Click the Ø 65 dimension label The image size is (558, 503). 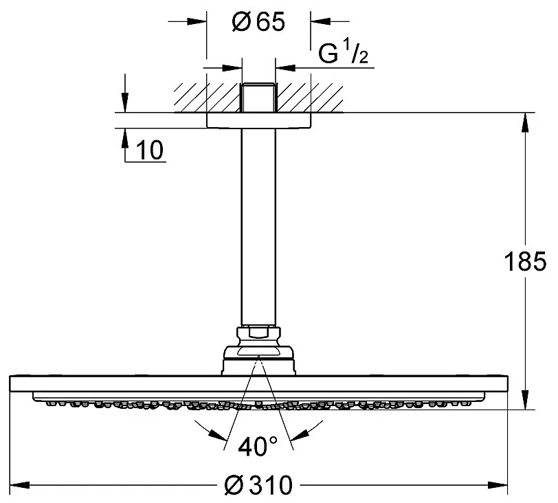click(x=258, y=22)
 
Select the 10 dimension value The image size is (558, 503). click(x=150, y=150)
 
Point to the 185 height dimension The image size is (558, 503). click(x=525, y=261)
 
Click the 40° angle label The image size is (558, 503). click(x=257, y=447)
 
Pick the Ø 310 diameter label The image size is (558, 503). click(x=258, y=485)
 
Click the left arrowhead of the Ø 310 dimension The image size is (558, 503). click(x=19, y=485)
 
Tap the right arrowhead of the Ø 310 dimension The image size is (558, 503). click(x=498, y=485)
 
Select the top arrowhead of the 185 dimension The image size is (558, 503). click(x=525, y=122)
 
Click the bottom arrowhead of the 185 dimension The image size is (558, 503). click(x=525, y=399)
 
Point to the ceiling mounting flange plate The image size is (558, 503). click(x=258, y=120)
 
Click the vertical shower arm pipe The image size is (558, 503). click(x=258, y=227)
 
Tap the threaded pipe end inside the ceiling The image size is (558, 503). click(x=258, y=98)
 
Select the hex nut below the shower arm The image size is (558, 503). click(x=258, y=336)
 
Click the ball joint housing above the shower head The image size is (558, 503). click(x=258, y=361)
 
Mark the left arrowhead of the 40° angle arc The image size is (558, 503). click(x=218, y=436)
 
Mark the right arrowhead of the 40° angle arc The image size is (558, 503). click(x=300, y=436)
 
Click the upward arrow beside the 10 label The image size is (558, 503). click(x=124, y=138)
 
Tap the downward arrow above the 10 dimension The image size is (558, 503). click(x=124, y=103)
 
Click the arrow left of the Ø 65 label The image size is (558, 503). click(x=197, y=22)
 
